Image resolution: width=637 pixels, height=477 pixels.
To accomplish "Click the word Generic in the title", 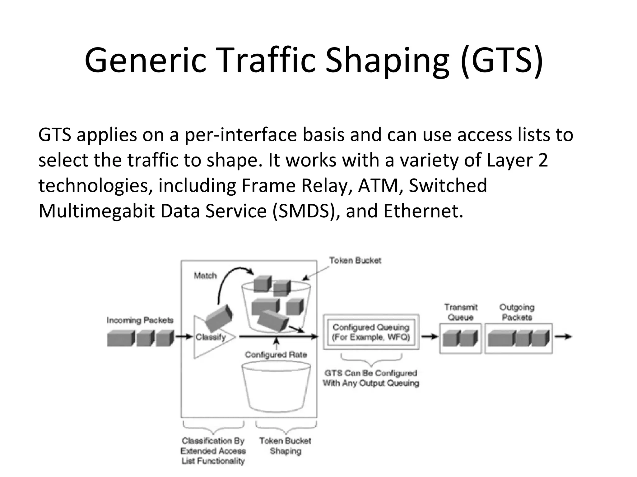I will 145,60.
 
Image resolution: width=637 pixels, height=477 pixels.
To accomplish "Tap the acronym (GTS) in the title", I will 501,60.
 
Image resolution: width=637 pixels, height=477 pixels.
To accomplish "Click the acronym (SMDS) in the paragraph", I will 306,211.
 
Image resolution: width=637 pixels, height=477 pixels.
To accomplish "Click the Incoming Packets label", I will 140,320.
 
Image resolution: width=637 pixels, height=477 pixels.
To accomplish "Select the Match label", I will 205,275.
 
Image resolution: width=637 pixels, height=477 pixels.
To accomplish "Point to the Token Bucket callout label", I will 355,261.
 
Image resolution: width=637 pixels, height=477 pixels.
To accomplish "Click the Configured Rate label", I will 276,355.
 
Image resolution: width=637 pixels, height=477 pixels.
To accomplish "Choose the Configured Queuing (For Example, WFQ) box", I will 371,332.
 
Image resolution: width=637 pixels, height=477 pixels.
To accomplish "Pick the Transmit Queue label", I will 461,312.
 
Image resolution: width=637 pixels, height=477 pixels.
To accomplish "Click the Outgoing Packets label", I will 517,312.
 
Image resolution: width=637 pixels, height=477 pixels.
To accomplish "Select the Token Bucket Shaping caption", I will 285,446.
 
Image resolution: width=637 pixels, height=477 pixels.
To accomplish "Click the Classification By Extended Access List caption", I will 213,451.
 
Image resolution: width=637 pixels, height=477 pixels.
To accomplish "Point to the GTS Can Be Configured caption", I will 371,378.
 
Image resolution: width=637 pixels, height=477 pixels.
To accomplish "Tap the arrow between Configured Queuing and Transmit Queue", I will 430,337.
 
